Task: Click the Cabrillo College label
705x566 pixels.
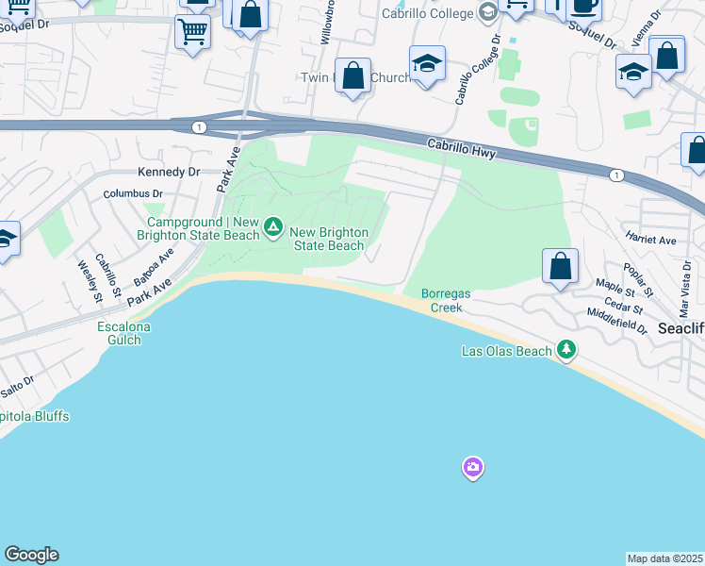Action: click(x=426, y=13)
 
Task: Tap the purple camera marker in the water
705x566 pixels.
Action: click(x=472, y=467)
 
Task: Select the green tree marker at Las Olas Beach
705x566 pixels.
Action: click(x=566, y=350)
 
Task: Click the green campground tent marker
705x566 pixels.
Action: click(x=273, y=226)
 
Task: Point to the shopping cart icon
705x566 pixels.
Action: click(x=192, y=32)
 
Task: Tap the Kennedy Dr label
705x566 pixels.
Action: click(x=169, y=172)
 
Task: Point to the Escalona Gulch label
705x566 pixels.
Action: click(x=124, y=334)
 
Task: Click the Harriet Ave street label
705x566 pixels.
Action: click(x=650, y=241)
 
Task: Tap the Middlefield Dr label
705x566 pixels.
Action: click(x=616, y=322)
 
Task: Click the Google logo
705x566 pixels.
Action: click(x=31, y=555)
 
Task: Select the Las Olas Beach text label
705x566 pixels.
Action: click(x=506, y=351)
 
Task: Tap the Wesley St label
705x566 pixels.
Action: click(x=90, y=281)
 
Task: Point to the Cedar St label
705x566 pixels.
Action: click(x=624, y=308)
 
